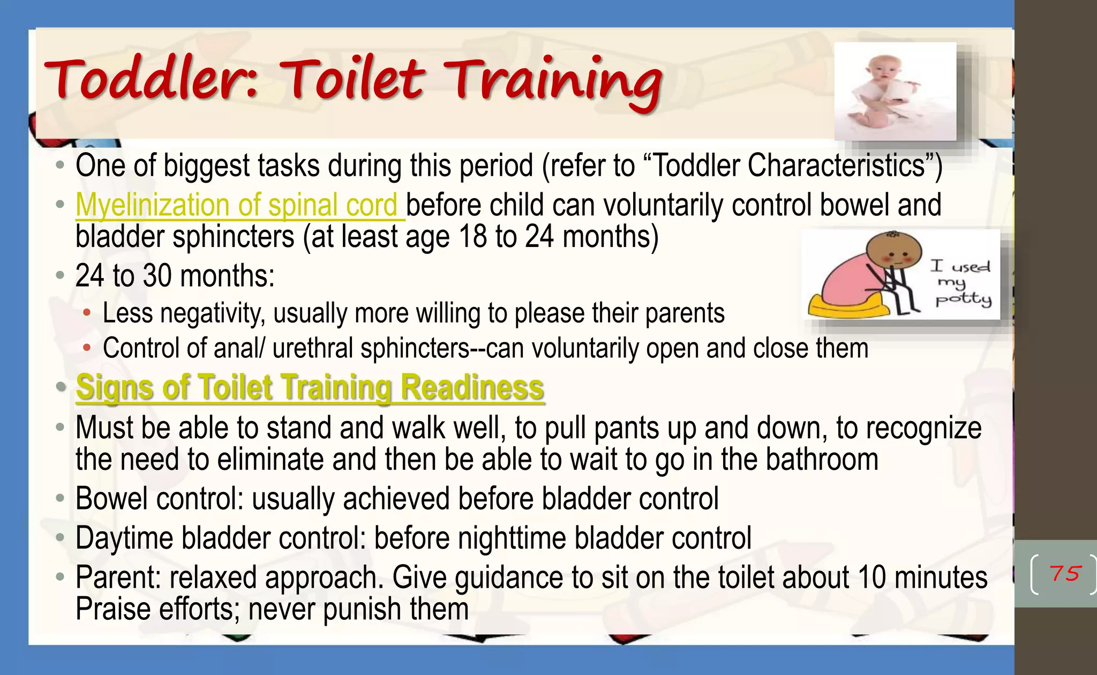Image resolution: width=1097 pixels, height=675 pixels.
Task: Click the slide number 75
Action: click(x=1065, y=574)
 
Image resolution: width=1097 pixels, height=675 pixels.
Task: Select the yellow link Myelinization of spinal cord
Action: click(x=236, y=205)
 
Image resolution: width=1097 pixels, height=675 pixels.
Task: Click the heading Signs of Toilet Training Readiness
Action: click(x=310, y=387)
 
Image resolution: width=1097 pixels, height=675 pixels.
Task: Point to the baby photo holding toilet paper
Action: click(x=895, y=91)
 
